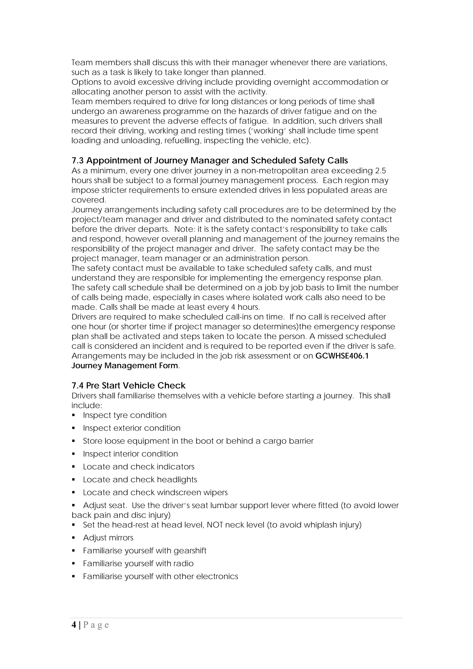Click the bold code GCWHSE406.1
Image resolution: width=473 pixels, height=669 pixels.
coord(342,356)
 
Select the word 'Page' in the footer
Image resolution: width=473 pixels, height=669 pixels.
coord(96,625)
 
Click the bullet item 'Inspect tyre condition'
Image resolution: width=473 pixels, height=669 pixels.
coord(125,415)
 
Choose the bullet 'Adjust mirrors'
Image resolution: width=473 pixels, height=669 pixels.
coord(108,538)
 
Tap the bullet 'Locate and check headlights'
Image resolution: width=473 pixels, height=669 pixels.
coord(140,479)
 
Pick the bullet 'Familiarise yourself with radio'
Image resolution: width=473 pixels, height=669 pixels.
coord(138,563)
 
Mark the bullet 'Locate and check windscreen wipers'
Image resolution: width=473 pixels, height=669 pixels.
coord(155,492)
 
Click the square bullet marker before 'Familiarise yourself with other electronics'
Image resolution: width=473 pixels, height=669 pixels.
coord(73,576)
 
